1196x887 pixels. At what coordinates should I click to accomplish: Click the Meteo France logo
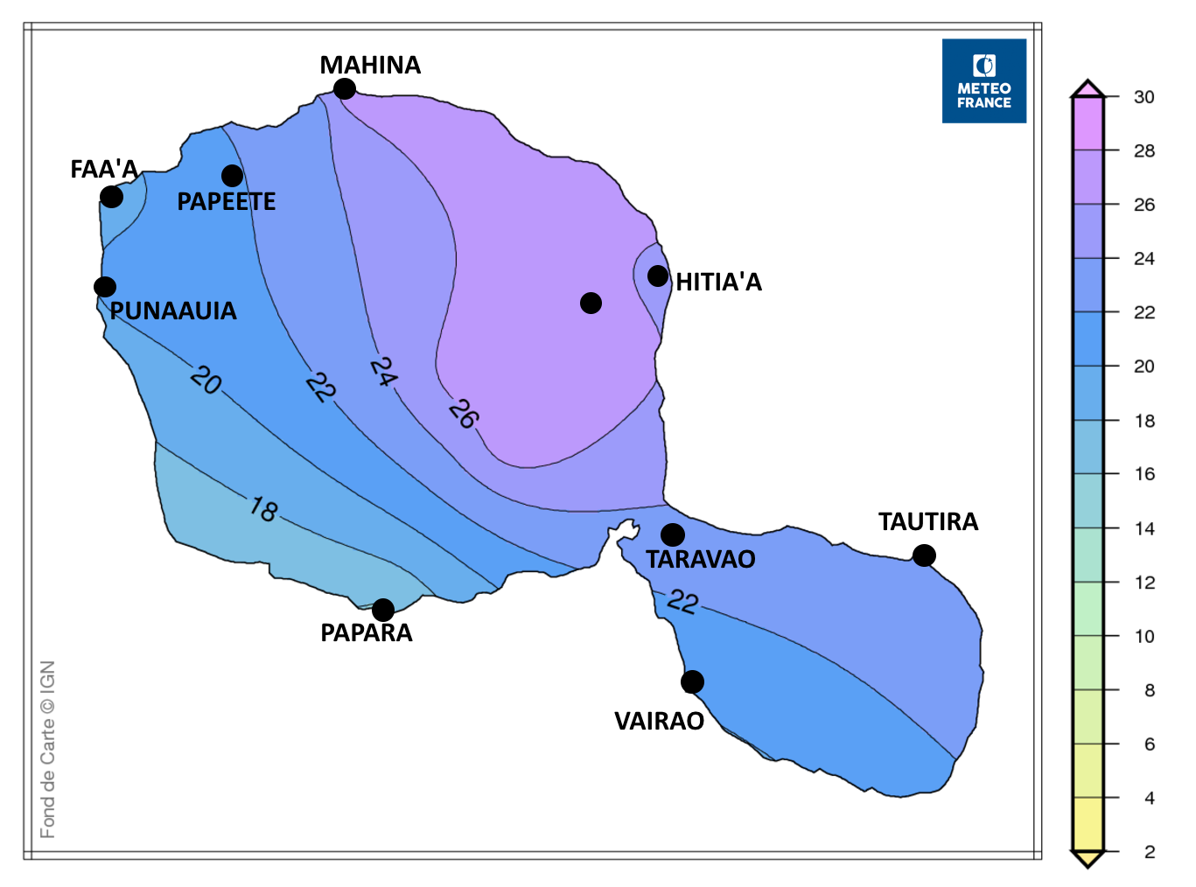click(983, 80)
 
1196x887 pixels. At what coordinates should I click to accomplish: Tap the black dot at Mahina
click(345, 89)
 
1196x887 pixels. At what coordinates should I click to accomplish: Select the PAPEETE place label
click(227, 202)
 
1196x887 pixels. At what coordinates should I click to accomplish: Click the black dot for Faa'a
click(112, 197)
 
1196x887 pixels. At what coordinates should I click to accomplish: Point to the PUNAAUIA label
click(173, 311)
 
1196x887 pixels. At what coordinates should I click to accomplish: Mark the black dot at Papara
click(383, 610)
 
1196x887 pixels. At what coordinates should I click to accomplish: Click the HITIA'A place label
click(719, 282)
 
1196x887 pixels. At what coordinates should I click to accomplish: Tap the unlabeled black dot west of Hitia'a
click(591, 303)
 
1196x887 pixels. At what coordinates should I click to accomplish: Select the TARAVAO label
click(701, 559)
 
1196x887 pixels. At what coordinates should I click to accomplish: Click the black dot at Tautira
click(924, 555)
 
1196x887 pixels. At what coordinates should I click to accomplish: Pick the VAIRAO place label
click(660, 721)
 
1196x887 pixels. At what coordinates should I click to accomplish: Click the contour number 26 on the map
click(464, 414)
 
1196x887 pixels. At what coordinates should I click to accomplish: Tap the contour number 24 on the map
click(383, 372)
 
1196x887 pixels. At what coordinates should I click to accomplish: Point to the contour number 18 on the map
click(263, 509)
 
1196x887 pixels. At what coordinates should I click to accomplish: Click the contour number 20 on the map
click(206, 380)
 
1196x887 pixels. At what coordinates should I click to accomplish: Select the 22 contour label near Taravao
click(683, 601)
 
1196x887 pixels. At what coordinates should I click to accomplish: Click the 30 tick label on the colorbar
click(1144, 97)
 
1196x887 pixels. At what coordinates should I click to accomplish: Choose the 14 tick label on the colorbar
click(1144, 528)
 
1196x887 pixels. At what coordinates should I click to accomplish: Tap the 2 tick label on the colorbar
click(1150, 852)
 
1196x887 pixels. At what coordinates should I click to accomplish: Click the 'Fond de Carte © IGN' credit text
click(47, 750)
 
